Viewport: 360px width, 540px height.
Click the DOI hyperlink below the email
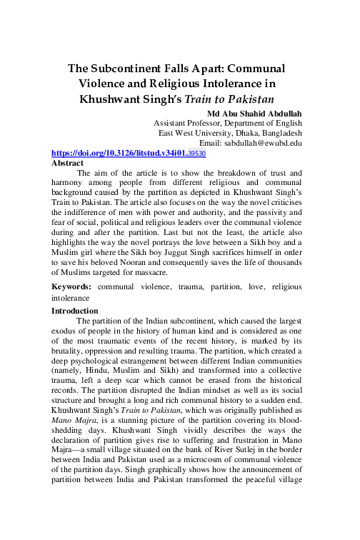[118, 153]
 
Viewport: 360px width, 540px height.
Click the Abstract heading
[68, 163]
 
